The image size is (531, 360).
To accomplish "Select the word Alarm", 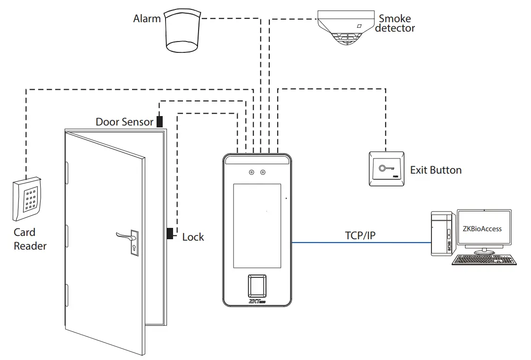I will [147, 19].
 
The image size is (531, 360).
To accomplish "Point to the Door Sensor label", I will [124, 122].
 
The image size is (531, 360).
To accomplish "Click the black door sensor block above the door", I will [159, 121].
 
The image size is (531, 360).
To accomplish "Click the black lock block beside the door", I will [169, 233].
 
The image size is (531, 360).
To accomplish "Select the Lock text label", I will [193, 237].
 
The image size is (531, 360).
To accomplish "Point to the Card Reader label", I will [29, 239].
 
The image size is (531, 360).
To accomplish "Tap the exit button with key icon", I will [386, 169].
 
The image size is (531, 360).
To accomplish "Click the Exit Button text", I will [435, 170].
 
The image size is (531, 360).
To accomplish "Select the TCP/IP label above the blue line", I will [360, 235].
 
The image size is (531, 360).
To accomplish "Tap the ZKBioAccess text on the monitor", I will [482, 229].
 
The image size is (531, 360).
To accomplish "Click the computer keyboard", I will [484, 260].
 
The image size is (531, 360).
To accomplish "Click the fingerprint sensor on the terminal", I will [257, 285].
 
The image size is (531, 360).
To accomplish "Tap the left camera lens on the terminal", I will [251, 173].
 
